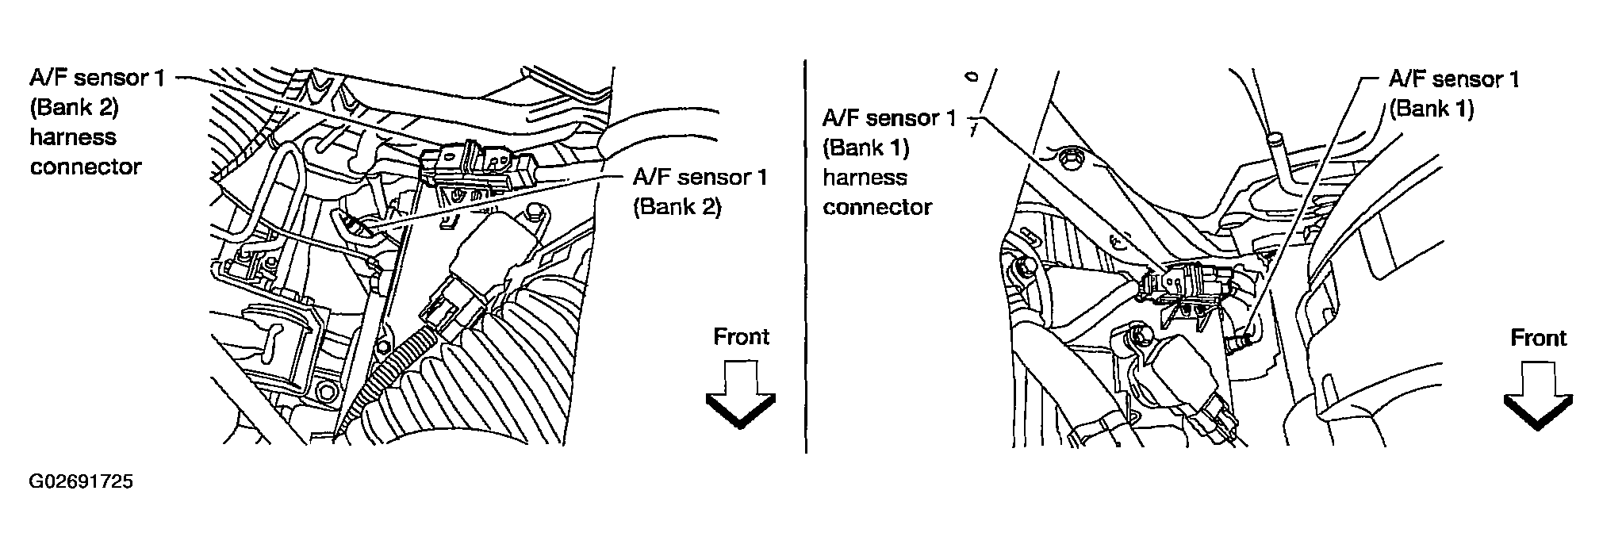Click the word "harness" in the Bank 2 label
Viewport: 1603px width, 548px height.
pyautogui.click(x=73, y=137)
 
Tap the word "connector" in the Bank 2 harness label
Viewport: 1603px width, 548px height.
pyautogui.click(x=86, y=167)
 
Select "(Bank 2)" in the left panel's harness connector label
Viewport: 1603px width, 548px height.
pyautogui.click(x=74, y=107)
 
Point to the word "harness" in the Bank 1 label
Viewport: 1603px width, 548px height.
pyautogui.click(x=865, y=177)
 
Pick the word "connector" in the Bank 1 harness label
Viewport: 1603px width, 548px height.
pyautogui.click(x=877, y=207)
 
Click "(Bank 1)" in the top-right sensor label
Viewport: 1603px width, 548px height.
pyautogui.click(x=1431, y=109)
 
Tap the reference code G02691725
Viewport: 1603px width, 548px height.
pyautogui.click(x=81, y=482)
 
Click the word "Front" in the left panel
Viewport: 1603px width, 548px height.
pyautogui.click(x=741, y=337)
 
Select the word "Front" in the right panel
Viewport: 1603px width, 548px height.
pyautogui.click(x=1538, y=339)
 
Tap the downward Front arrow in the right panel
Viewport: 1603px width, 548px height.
pyautogui.click(x=1537, y=397)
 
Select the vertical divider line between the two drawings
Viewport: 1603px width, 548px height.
pyautogui.click(x=806, y=254)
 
